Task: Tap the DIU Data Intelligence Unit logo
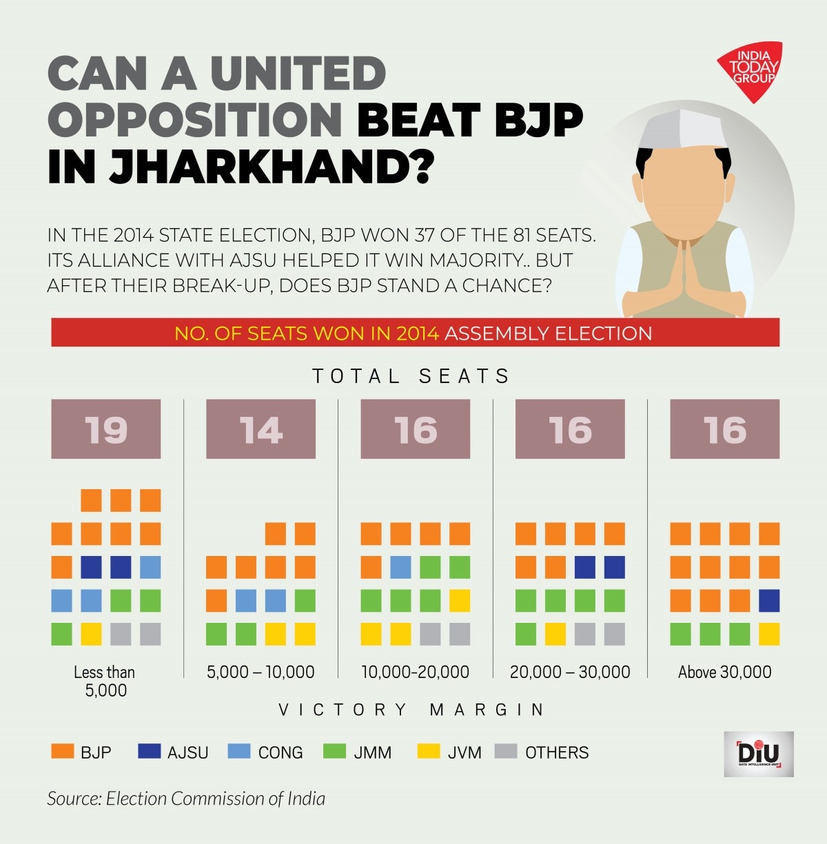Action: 758,754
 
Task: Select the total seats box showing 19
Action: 106,429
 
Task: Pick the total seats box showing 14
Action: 261,429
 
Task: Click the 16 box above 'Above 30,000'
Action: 725,429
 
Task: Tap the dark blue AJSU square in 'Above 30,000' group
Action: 769,601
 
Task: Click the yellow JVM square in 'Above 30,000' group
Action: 769,634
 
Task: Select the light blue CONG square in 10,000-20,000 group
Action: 400,567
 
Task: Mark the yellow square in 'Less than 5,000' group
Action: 91,634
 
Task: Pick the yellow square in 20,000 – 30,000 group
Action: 555,634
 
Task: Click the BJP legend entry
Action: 81,752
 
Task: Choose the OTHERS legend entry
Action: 542,752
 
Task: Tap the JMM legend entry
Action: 358,752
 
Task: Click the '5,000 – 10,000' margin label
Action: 261,672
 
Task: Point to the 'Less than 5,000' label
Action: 105,681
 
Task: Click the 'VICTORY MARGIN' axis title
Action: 411,710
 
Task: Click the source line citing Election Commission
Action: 186,799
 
